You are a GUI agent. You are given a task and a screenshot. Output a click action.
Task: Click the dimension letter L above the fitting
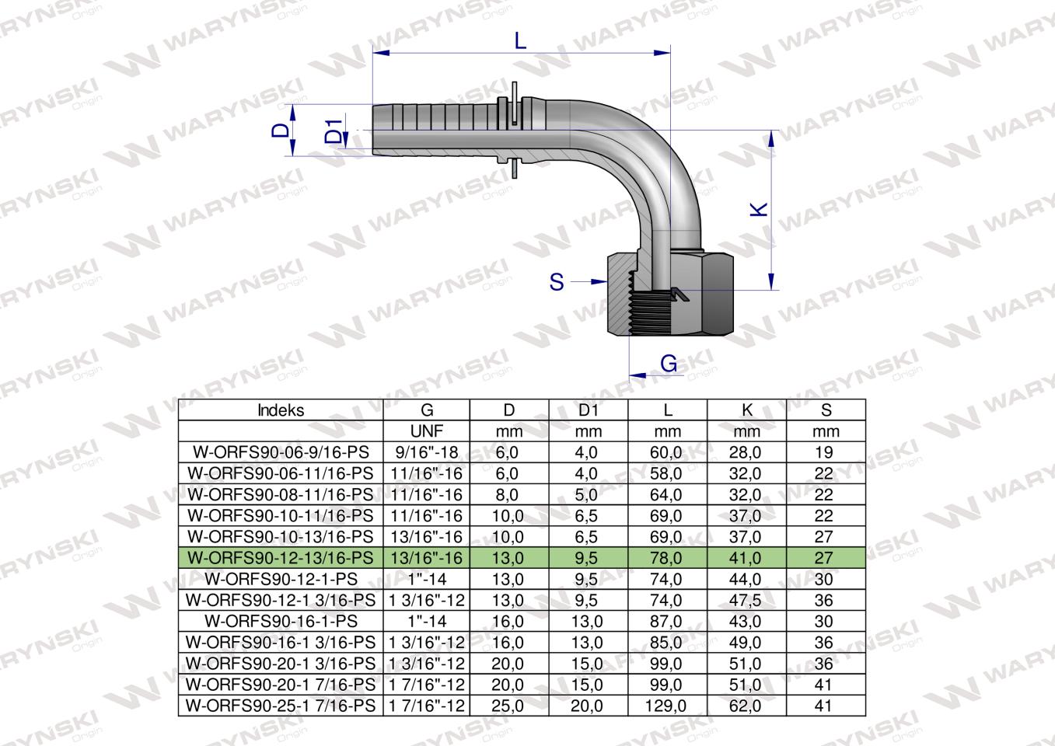[520, 40]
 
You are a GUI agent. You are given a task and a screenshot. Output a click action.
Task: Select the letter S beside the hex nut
[557, 281]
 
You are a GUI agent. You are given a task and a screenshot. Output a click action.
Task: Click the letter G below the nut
[668, 364]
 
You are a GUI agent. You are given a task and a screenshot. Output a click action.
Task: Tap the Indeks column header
[281, 410]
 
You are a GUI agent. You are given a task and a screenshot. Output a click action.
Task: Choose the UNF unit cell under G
[426, 431]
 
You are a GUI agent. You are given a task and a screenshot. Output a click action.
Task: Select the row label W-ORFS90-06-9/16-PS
[281, 452]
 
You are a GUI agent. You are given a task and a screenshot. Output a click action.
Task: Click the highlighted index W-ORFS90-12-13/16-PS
[281, 558]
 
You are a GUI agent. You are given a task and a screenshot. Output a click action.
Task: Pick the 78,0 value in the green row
[668, 558]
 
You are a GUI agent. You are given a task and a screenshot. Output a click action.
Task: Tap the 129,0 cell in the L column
[668, 706]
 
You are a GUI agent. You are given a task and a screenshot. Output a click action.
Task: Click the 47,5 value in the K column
[746, 601]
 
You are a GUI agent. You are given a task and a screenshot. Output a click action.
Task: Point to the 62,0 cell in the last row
[746, 706]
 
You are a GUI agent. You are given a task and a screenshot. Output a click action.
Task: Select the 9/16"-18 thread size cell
[426, 452]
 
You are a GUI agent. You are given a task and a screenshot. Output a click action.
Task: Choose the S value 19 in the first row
[825, 452]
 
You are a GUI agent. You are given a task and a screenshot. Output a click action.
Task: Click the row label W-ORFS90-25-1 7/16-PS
[281, 706]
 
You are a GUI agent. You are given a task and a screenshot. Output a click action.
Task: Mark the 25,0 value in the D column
[508, 706]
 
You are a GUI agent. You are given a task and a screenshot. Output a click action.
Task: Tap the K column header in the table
[746, 410]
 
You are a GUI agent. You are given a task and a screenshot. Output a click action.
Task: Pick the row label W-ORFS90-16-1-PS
[281, 622]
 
